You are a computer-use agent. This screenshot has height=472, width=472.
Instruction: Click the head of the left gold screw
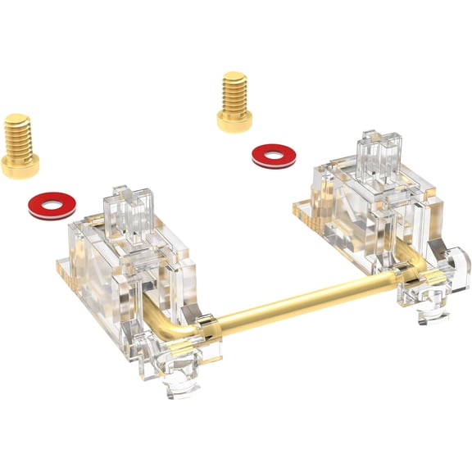(20, 165)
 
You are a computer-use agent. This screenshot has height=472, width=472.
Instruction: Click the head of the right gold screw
(234, 120)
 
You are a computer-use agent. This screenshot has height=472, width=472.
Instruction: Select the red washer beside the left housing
(52, 205)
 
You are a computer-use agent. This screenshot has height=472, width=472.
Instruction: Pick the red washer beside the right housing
(275, 155)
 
